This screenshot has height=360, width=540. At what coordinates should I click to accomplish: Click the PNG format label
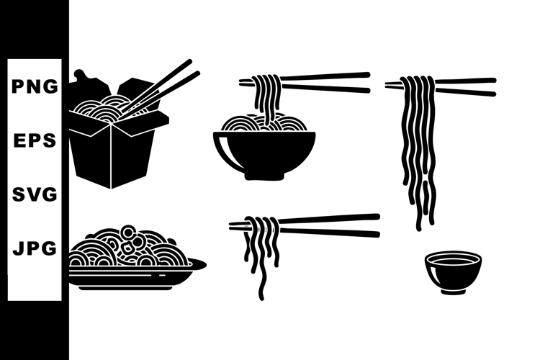click(35, 87)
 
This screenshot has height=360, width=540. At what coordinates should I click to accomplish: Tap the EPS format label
click(35, 141)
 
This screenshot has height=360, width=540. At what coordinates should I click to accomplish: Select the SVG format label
click(35, 194)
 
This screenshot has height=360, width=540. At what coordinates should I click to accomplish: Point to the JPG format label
click(35, 249)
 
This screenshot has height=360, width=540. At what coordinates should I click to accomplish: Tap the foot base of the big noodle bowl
click(264, 175)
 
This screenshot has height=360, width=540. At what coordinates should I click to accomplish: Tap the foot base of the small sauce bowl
click(453, 291)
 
